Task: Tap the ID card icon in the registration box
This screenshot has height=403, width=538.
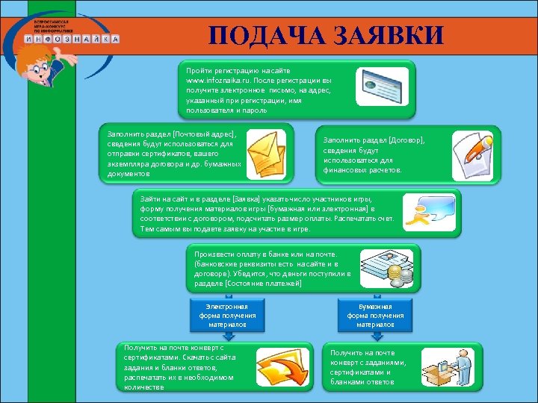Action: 382,87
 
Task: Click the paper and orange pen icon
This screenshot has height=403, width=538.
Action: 472,154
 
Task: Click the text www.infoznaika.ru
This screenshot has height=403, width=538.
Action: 215,78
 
